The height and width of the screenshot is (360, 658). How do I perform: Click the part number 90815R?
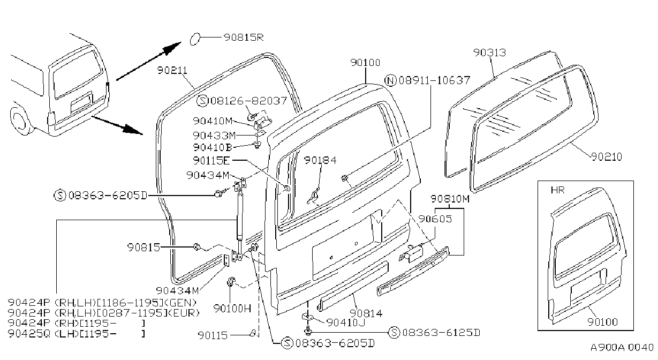pyautogui.click(x=244, y=37)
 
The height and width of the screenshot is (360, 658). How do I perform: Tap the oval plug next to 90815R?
pyautogui.click(x=195, y=39)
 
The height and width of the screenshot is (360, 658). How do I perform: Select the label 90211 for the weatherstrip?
pyautogui.click(x=172, y=70)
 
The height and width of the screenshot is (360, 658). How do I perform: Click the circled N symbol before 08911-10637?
pyautogui.click(x=390, y=80)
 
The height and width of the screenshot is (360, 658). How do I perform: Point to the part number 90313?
pyautogui.click(x=489, y=52)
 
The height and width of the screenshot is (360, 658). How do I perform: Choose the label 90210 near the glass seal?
pyautogui.click(x=606, y=156)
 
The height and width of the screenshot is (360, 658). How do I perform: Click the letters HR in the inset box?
pyautogui.click(x=557, y=190)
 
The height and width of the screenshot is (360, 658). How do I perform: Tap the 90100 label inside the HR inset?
pyautogui.click(x=602, y=322)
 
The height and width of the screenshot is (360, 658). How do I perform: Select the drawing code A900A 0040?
pyautogui.click(x=622, y=347)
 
